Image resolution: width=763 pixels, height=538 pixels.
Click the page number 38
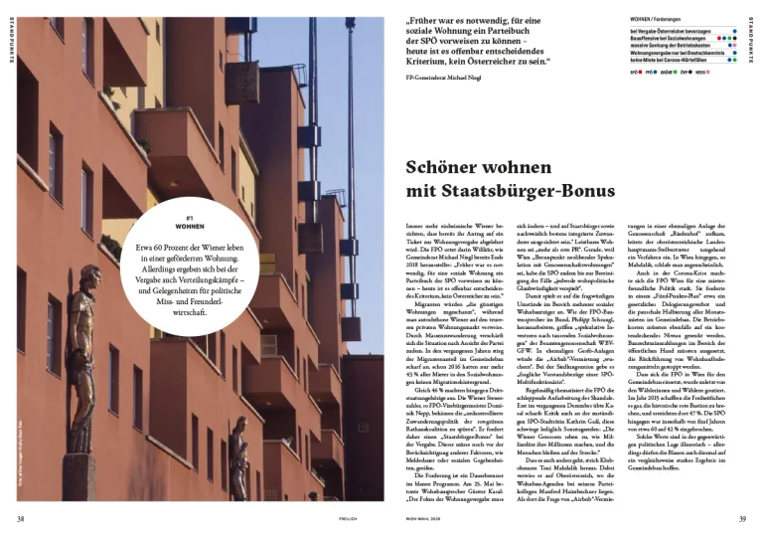point(21,518)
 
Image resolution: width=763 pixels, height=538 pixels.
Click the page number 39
point(742,518)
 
